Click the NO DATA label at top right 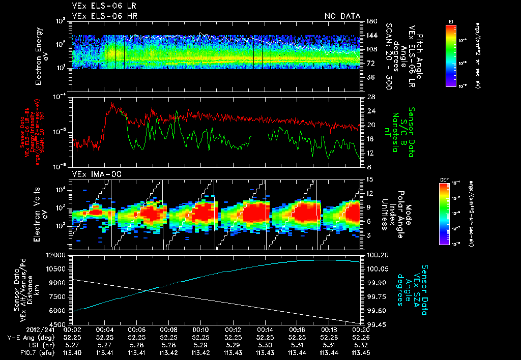(342, 16)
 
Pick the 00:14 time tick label (265, 329)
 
